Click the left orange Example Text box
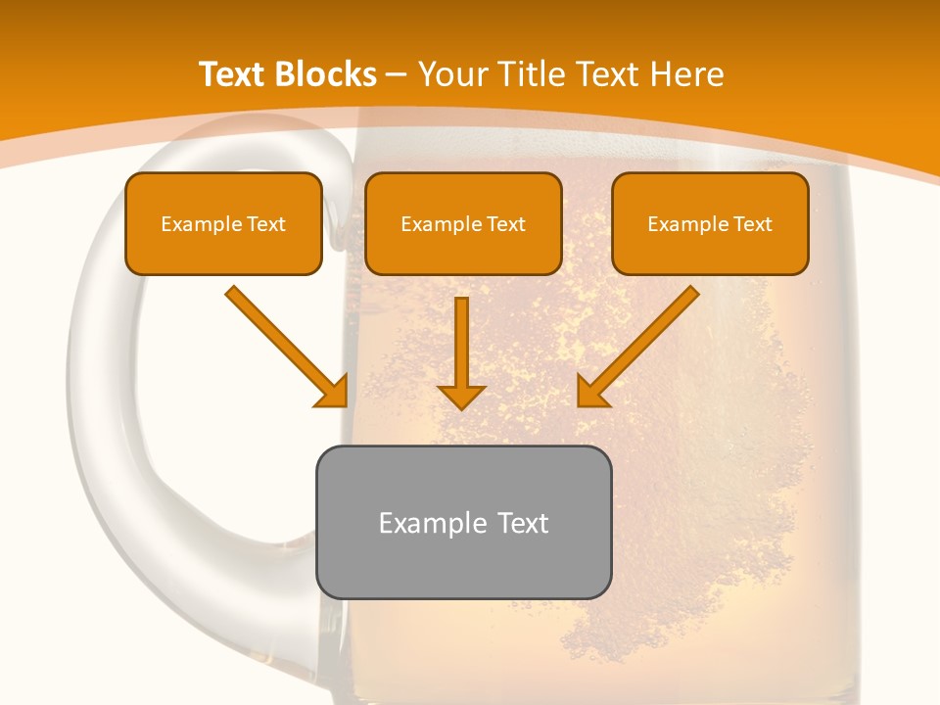point(223,224)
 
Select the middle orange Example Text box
point(463,224)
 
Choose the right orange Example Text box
point(710,224)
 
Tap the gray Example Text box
point(463,522)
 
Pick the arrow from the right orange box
point(638,347)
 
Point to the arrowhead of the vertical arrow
point(461,396)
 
